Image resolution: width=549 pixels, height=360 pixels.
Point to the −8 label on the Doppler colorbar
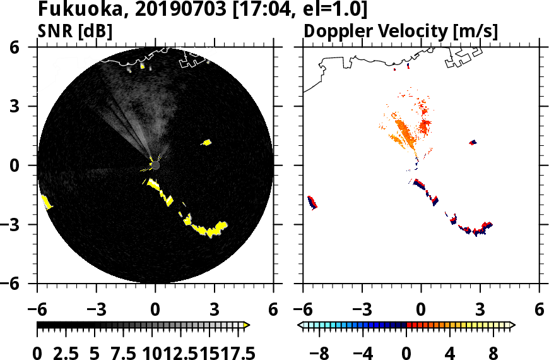tap(322, 352)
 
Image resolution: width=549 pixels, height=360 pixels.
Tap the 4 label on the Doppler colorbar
tap(451, 352)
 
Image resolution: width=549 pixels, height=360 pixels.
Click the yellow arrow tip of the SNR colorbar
tap(247, 325)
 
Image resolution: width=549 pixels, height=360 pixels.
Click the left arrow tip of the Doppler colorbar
tap(300, 325)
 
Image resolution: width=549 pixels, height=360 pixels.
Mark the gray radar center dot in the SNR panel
tap(155, 165)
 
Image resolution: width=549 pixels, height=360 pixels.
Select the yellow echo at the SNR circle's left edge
tap(46, 202)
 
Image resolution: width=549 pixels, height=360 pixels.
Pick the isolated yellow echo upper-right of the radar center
tap(206, 142)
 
